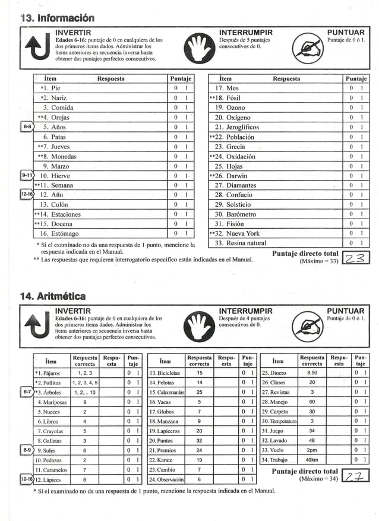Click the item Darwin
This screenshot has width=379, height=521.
coord(235,176)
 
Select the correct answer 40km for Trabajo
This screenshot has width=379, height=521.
coord(312,460)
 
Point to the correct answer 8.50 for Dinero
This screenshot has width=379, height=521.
coord(312,372)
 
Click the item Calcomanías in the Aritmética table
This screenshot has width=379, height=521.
coord(166,392)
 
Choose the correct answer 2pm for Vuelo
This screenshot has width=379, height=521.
coord(312,450)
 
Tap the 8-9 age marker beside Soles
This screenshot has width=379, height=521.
coord(27,450)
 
